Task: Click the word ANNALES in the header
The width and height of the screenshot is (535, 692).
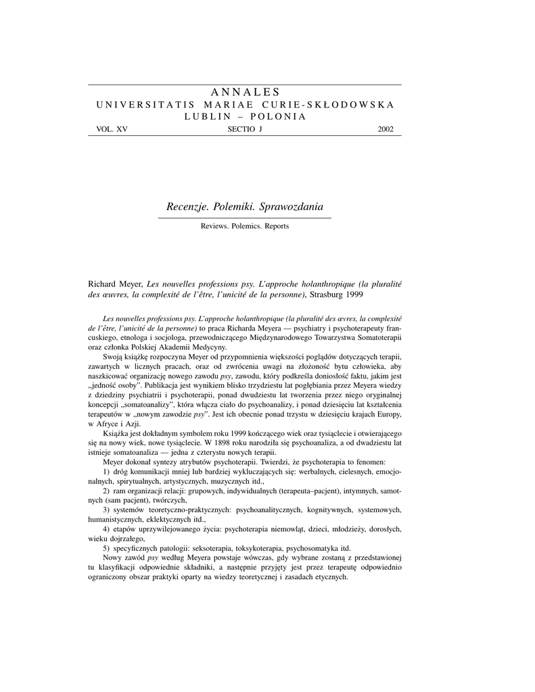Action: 245,92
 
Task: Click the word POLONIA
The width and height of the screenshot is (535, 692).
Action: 278,116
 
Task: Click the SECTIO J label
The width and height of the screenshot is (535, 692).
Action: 244,129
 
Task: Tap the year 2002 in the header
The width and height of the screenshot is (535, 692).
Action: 386,129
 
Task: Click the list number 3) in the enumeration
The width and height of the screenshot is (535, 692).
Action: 107,509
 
